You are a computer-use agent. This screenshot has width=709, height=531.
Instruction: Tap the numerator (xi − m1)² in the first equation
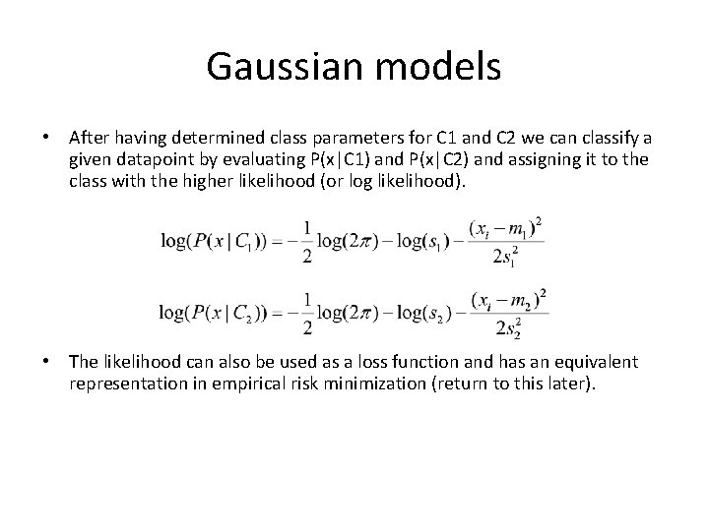pos(508,229)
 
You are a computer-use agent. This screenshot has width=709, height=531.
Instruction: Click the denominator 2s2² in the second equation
pos(509,328)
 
